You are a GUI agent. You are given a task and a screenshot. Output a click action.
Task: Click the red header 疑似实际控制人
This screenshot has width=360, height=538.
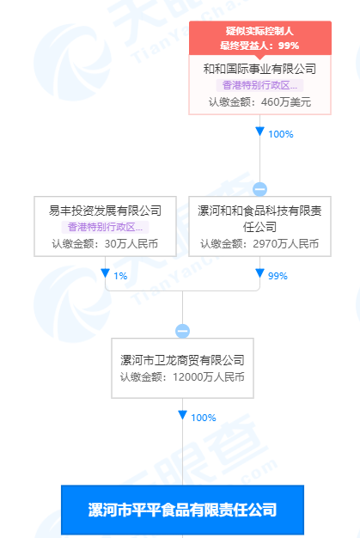(259, 31)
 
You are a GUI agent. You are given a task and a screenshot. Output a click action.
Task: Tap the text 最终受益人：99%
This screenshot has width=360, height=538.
(259, 46)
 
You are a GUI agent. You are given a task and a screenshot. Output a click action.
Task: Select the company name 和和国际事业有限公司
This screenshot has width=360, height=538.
(259, 69)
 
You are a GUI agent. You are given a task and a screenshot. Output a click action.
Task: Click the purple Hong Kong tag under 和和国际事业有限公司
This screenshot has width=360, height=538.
(259, 85)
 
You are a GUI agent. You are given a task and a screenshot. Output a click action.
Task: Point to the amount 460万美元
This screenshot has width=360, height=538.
(286, 102)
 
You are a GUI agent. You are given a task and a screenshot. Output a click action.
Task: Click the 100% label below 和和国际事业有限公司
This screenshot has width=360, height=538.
(281, 134)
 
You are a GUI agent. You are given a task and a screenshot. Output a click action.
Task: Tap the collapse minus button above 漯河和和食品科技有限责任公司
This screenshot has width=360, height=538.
(259, 189)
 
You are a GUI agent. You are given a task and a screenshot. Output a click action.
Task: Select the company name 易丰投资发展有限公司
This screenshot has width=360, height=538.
(105, 211)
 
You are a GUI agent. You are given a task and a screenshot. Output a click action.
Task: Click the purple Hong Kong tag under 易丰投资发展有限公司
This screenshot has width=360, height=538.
(105, 227)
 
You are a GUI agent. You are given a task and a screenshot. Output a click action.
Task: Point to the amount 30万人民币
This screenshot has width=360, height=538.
(131, 243)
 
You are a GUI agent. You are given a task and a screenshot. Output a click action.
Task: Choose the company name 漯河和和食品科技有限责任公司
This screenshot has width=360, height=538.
(259, 218)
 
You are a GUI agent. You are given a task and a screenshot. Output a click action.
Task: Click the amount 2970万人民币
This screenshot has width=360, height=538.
(285, 243)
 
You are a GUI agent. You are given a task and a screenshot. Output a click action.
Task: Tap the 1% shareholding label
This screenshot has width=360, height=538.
(120, 276)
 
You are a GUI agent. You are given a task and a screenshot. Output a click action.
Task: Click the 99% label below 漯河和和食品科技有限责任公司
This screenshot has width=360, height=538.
(278, 276)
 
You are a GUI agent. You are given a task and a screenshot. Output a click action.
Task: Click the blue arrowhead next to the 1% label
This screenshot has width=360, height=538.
(105, 273)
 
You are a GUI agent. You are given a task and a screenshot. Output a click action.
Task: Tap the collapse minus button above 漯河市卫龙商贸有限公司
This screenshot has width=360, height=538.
(182, 331)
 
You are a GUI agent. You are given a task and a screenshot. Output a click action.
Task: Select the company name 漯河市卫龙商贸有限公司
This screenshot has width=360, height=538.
(182, 360)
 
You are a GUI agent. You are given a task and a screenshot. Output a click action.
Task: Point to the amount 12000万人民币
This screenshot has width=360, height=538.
(209, 376)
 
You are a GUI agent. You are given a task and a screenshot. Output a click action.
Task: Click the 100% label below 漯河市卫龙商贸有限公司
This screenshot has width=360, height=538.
(204, 418)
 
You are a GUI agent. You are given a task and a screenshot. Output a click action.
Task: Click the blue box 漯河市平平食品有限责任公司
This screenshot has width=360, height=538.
(182, 510)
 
